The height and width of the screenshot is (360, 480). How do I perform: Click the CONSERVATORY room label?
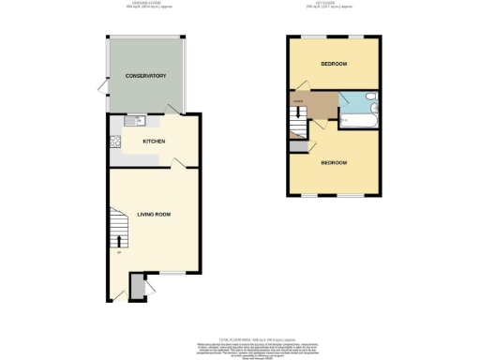coord(145,75)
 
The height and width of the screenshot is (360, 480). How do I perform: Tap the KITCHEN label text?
coord(154,142)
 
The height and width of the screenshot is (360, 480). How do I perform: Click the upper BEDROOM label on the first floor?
coord(335,64)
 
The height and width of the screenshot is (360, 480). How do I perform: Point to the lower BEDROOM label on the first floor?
coord(335,162)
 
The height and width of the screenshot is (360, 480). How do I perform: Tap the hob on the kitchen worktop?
coord(115,142)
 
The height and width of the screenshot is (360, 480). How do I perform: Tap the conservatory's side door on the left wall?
coord(101,89)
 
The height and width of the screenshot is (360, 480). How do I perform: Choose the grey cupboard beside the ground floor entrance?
coord(137,287)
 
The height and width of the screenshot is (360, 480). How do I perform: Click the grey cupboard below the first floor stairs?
coord(298,146)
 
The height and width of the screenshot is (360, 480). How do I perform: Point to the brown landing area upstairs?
coord(314,108)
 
